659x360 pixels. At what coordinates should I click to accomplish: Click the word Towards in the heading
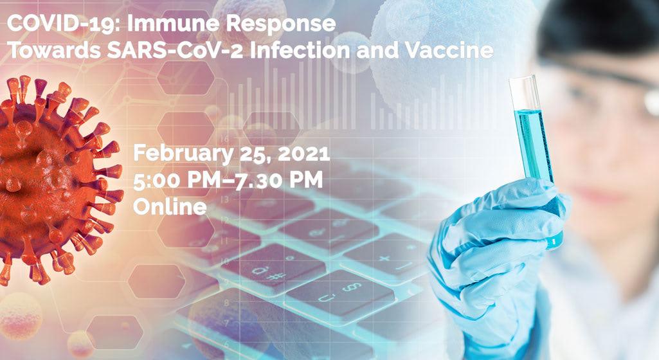click(x=54, y=50)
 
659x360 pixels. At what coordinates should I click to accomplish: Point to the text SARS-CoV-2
click(x=176, y=50)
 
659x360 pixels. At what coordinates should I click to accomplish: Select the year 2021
click(x=303, y=154)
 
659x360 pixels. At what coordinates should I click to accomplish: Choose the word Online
click(x=170, y=206)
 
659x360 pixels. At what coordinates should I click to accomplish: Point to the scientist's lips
click(x=599, y=195)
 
